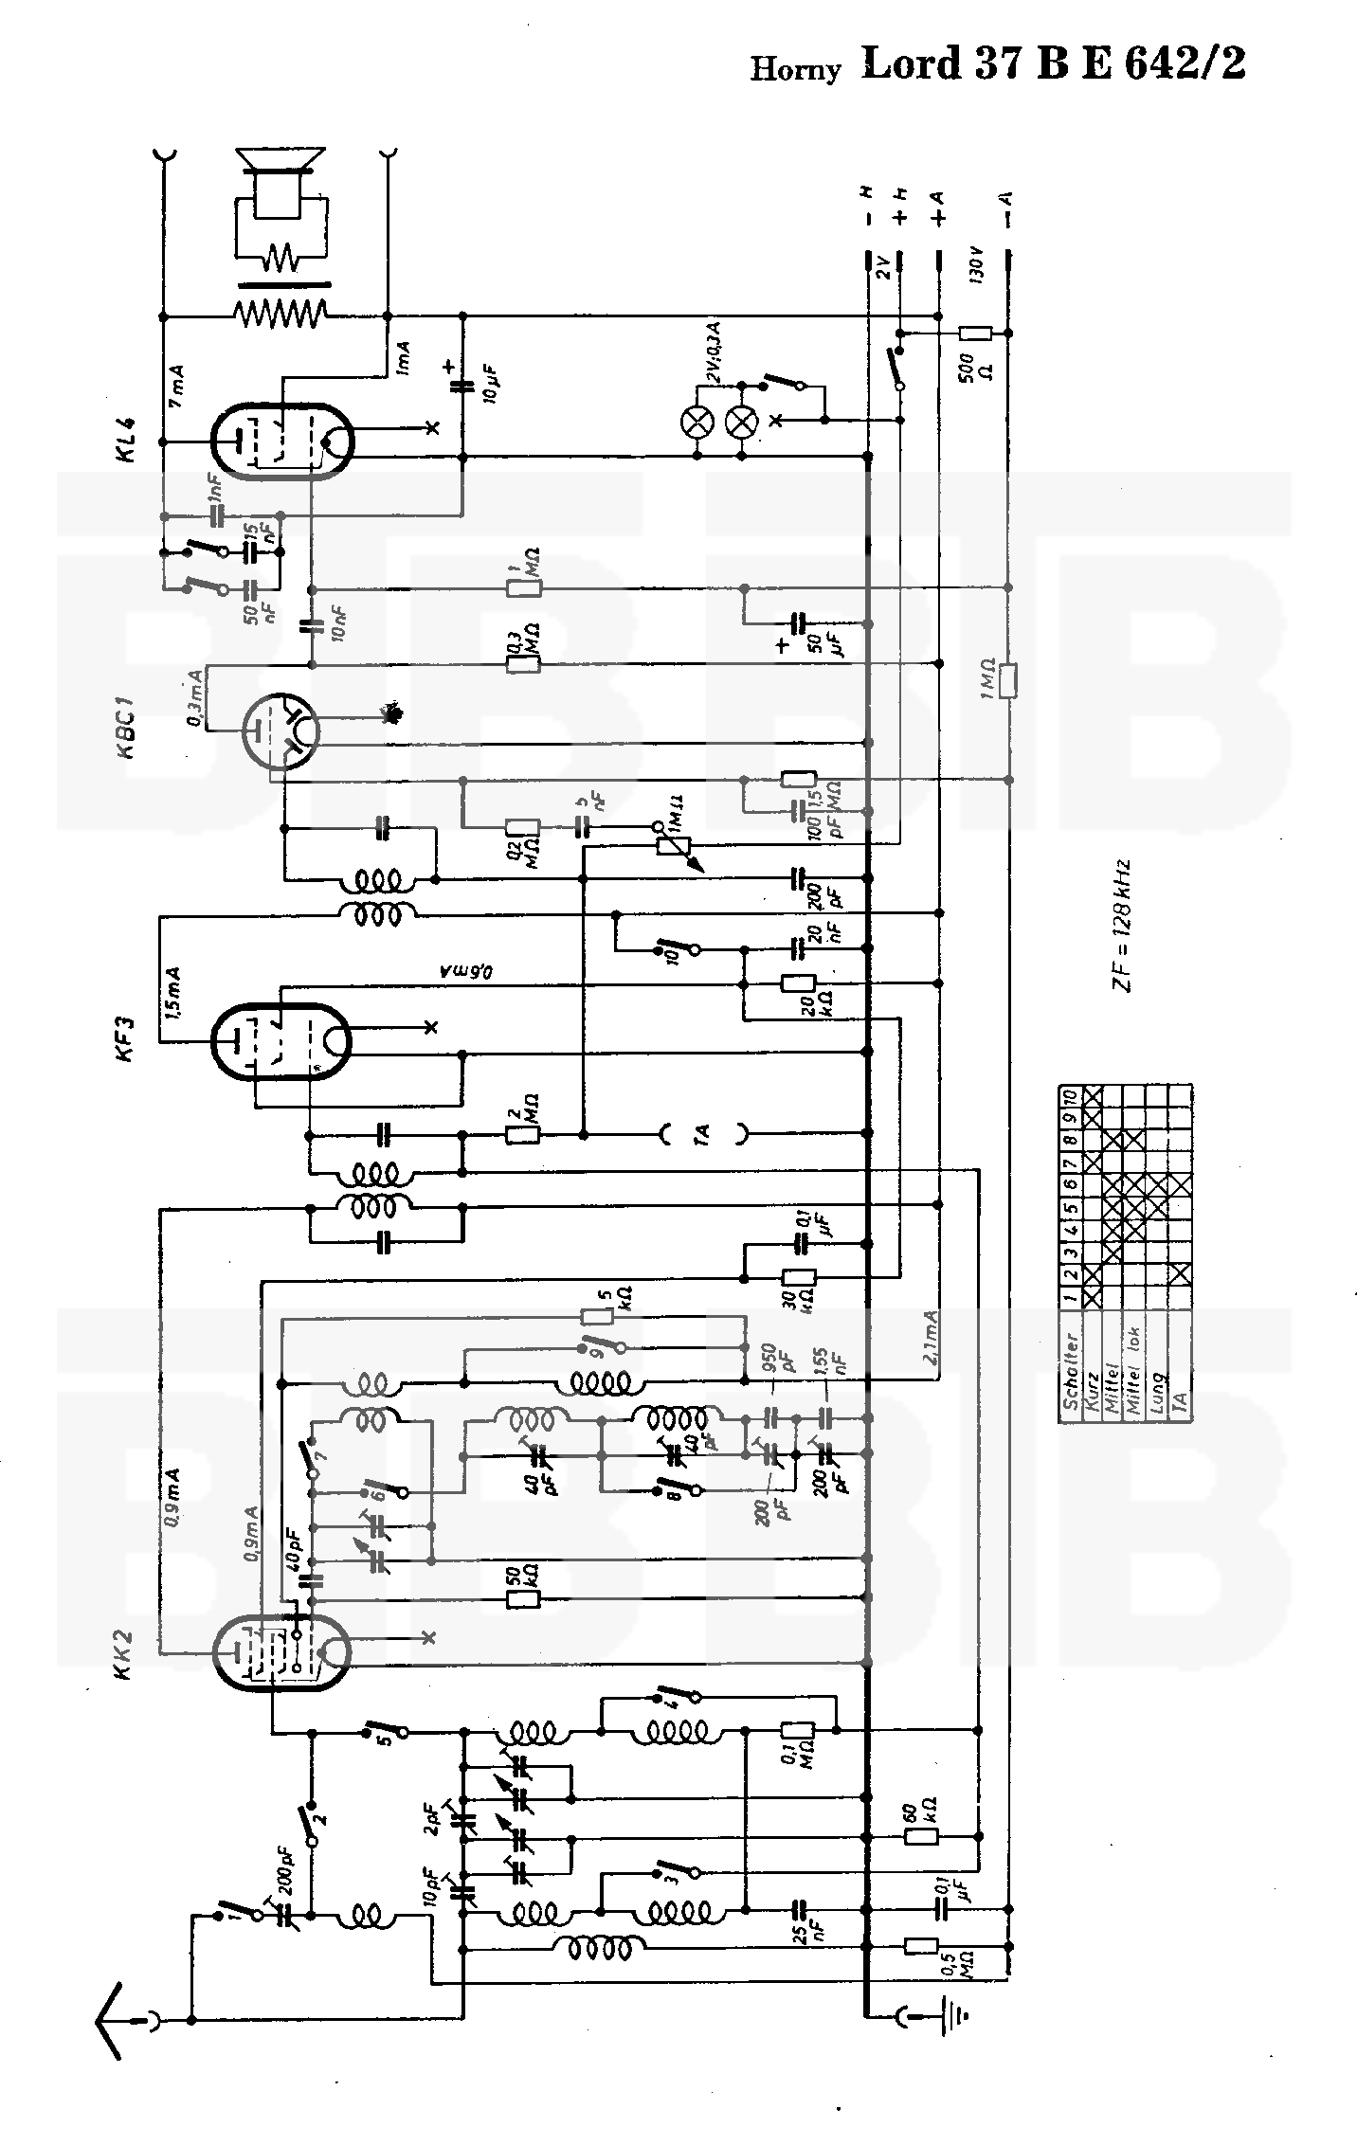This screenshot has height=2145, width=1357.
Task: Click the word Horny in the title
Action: click(795, 69)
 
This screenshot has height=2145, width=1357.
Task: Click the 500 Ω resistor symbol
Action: click(975, 333)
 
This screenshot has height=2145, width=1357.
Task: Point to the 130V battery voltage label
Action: click(977, 265)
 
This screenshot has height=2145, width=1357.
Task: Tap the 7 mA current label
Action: click(176, 387)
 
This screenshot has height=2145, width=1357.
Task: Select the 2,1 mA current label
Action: click(930, 1337)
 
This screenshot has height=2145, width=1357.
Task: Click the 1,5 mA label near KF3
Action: click(173, 992)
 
